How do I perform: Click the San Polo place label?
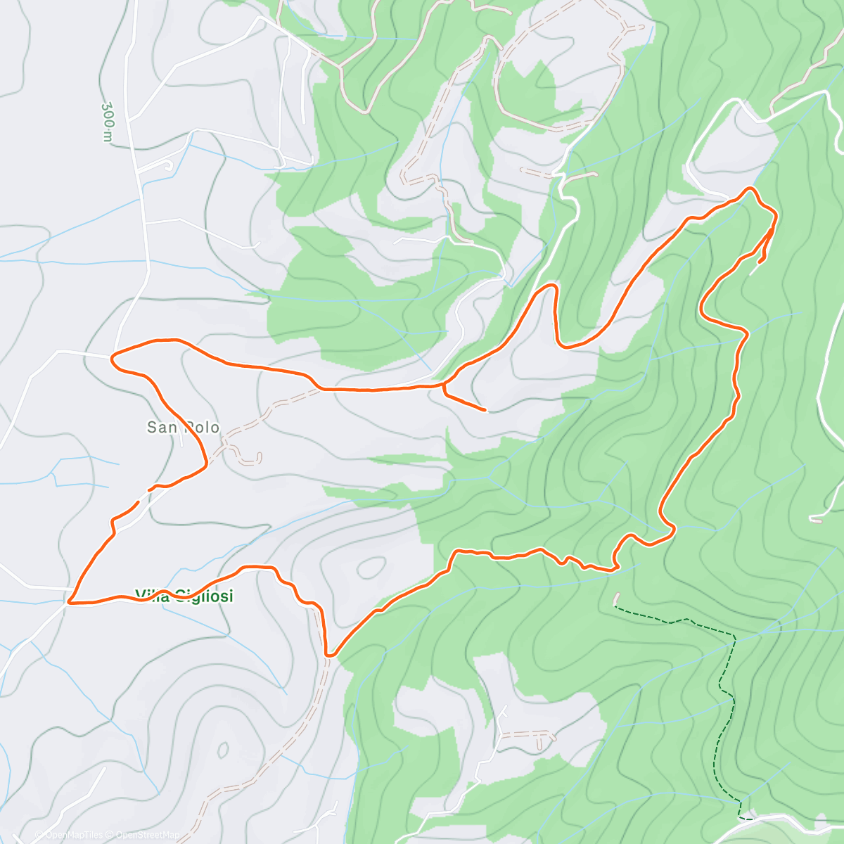pyautogui.click(x=183, y=428)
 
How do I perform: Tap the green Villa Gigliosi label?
pyautogui.click(x=184, y=596)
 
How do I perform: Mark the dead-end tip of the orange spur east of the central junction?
pyautogui.click(x=485, y=409)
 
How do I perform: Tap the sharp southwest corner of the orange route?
pyautogui.click(x=70, y=602)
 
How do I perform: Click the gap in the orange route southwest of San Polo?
pyautogui.click(x=143, y=495)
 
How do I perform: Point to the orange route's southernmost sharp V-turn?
pyautogui.click(x=329, y=655)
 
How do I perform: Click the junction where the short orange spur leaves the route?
pyautogui.click(x=443, y=385)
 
